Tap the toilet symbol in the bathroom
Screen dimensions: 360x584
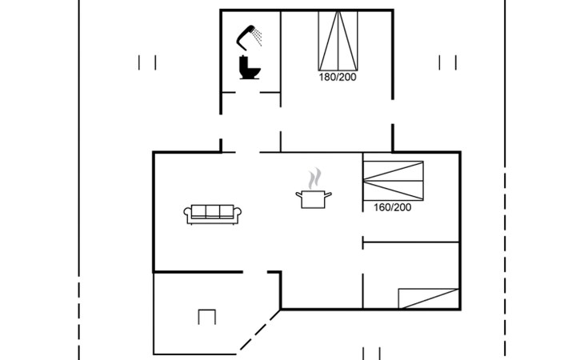pyautogui.click(x=250, y=66)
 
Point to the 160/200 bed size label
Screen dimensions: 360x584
pyautogui.click(x=392, y=207)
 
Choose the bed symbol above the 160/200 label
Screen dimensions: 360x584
pyautogui.click(x=392, y=180)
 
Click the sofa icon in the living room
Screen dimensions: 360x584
pyautogui.click(x=214, y=214)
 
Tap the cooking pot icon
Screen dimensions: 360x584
pyautogui.click(x=311, y=198)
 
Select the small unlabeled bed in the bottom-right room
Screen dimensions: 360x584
pyautogui.click(x=429, y=298)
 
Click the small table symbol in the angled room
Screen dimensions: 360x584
pyautogui.click(x=207, y=317)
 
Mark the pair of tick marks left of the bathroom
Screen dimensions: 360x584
pyautogui.click(x=146, y=62)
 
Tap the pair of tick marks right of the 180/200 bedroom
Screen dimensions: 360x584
pyautogui.click(x=448, y=62)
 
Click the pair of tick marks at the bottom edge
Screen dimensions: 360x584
pyautogui.click(x=371, y=353)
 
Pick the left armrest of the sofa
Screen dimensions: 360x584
pyautogui.click(x=189, y=214)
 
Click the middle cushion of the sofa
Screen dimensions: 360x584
pyautogui.click(x=214, y=212)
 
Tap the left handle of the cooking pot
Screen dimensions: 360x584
pyautogui.click(x=298, y=194)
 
